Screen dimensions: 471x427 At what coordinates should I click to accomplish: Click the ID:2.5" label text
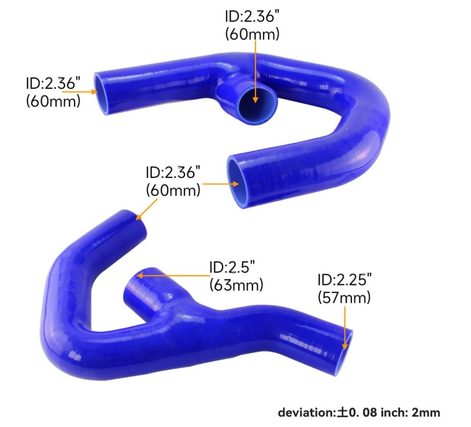pos(232,266)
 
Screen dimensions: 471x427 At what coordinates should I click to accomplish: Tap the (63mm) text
pos(236,285)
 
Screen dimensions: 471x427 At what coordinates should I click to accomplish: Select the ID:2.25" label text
pos(344,280)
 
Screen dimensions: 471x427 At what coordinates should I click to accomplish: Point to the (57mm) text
pos(344,298)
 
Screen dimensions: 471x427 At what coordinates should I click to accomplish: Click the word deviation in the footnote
pos(306,413)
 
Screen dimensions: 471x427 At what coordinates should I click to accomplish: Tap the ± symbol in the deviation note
pos(342,413)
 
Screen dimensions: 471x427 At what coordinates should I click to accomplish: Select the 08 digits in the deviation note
pos(369,413)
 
